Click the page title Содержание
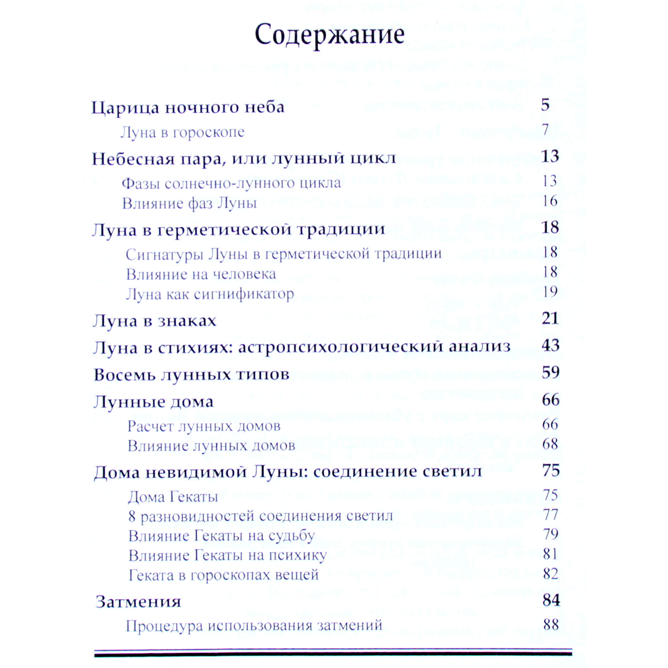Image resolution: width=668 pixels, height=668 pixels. [x=329, y=35]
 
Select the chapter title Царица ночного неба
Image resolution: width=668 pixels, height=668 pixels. [x=188, y=107]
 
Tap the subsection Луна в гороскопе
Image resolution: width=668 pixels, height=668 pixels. [x=182, y=132]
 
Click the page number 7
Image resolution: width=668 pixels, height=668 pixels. [x=545, y=129]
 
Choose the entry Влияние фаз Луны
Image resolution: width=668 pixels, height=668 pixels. [x=189, y=203]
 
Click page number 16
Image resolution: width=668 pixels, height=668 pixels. [x=550, y=201]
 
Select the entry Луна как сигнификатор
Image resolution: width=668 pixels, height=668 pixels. [x=210, y=294]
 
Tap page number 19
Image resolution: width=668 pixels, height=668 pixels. [x=550, y=292]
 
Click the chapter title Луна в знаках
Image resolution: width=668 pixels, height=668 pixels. [x=154, y=321]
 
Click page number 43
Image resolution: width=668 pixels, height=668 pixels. [x=550, y=345]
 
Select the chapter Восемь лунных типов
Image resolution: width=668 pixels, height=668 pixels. [x=191, y=375]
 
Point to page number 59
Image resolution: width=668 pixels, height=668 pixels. [x=551, y=372]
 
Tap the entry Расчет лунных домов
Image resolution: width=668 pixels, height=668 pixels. [x=204, y=426]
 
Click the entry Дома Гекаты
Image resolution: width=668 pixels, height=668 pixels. [x=173, y=497]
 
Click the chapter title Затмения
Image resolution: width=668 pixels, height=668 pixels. [x=138, y=602]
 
